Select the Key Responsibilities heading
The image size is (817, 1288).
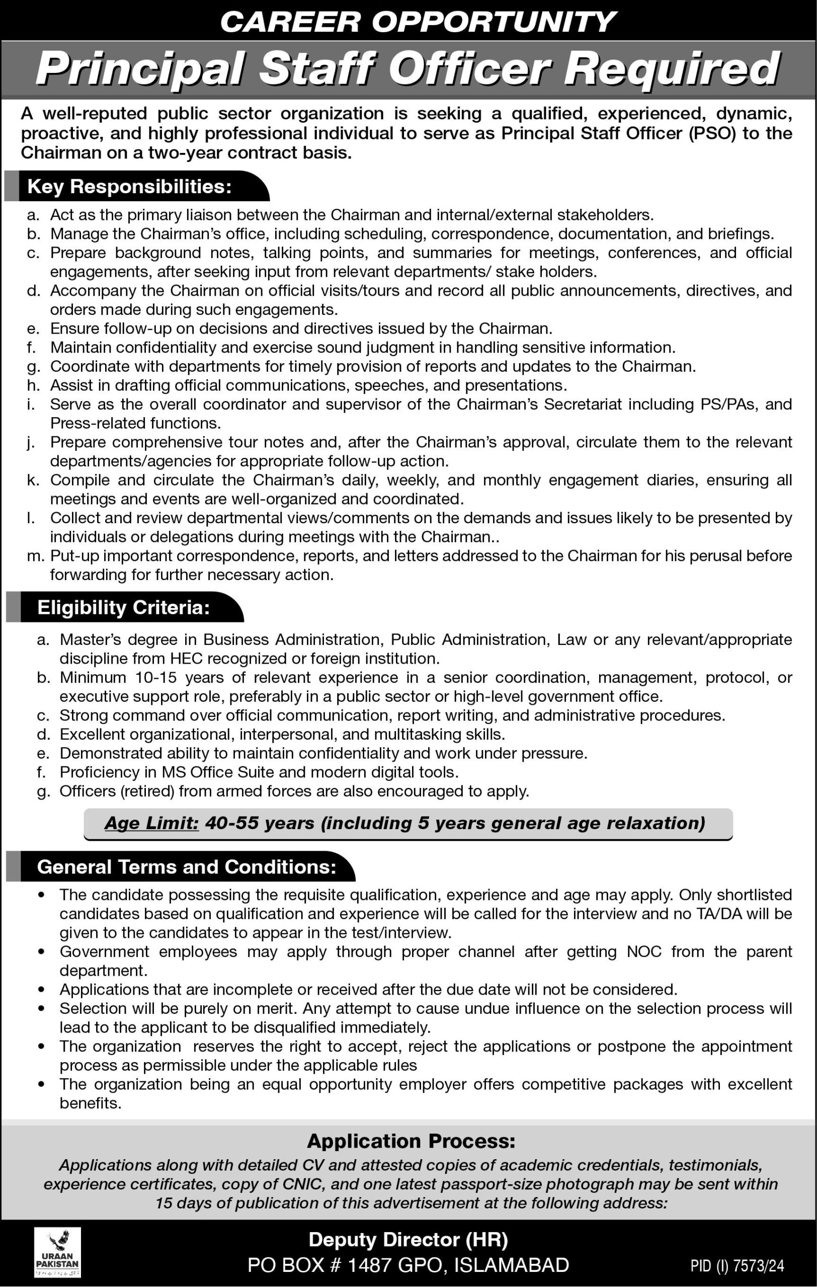click(x=129, y=186)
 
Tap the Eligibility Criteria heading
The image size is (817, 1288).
click(x=124, y=608)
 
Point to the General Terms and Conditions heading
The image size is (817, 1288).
click(x=187, y=866)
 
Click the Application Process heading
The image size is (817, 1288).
click(x=411, y=1142)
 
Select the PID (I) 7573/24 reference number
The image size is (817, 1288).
click(x=737, y=1265)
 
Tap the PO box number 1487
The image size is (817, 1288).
click(x=368, y=1265)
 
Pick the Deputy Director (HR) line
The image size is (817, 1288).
click(x=408, y=1240)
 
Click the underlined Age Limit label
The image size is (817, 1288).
click(x=152, y=823)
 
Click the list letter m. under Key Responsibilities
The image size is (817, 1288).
click(x=35, y=556)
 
